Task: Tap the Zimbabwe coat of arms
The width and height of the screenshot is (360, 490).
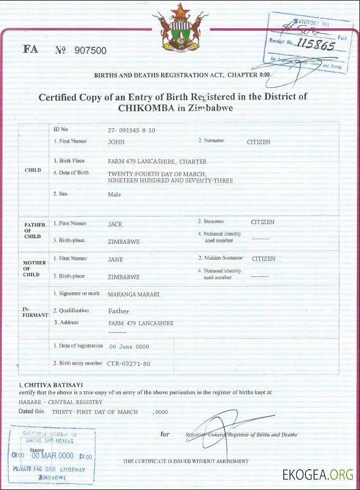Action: (x=181, y=28)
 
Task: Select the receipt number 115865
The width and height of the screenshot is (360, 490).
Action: (x=315, y=44)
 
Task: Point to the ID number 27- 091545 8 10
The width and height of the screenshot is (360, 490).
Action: (x=131, y=131)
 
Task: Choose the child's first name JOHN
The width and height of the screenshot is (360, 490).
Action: (x=116, y=142)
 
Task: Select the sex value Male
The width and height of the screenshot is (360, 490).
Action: (x=114, y=195)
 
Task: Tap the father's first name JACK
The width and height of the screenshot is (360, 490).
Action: (x=115, y=224)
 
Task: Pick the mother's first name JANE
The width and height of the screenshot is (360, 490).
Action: (x=115, y=260)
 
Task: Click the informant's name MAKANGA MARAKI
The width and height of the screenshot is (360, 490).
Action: (x=133, y=295)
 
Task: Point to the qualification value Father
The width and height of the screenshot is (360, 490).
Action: (x=119, y=311)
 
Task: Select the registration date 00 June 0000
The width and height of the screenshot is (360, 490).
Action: (x=129, y=347)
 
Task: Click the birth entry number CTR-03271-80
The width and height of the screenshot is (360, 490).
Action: (x=128, y=364)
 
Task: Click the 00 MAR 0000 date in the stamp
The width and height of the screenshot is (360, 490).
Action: (x=53, y=456)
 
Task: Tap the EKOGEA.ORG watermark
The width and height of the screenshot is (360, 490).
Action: (x=318, y=474)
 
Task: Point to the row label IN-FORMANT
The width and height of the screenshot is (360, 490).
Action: (x=31, y=311)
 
